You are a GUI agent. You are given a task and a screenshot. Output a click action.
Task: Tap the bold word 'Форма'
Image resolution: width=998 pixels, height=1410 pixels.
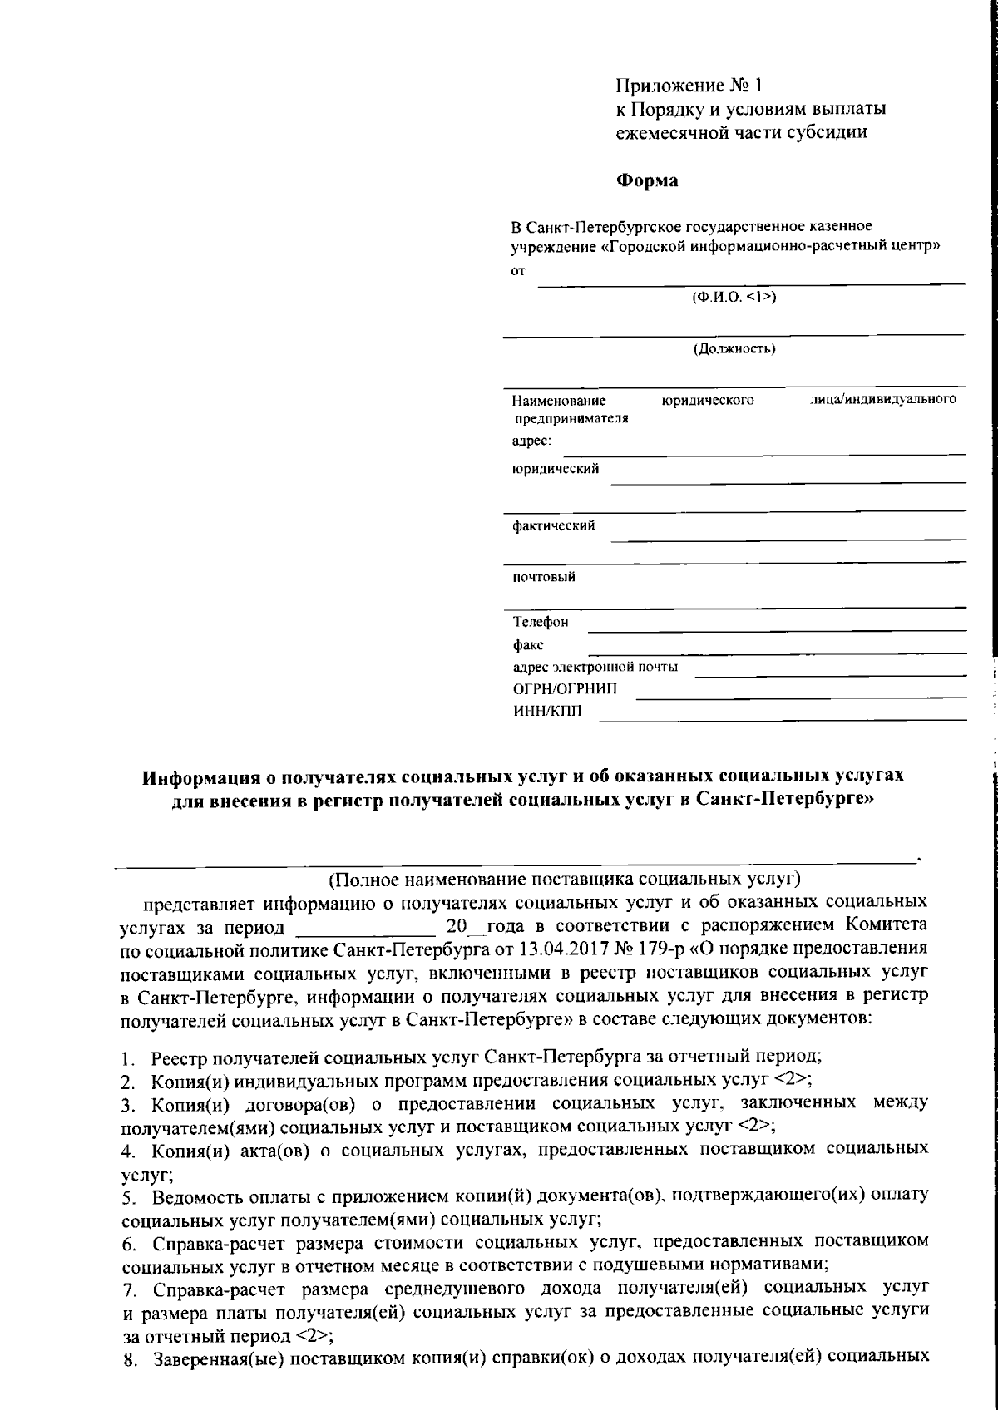coord(647,180)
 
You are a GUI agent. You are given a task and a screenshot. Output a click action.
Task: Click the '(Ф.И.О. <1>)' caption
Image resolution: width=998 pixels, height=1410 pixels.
coord(734,297)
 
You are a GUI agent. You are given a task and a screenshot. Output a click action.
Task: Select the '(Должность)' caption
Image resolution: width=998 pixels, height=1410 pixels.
coord(734,348)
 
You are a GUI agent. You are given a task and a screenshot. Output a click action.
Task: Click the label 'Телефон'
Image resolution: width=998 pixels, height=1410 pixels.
coord(541,622)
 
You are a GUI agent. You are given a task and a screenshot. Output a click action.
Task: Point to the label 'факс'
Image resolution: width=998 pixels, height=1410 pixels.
coord(528,644)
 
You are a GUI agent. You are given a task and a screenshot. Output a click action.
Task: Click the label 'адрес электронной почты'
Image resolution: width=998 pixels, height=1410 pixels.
coord(595,667)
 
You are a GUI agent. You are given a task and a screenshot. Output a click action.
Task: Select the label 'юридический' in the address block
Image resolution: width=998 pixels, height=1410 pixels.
coord(555,469)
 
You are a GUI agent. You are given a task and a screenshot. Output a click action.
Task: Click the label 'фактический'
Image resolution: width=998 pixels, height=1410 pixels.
coord(553,525)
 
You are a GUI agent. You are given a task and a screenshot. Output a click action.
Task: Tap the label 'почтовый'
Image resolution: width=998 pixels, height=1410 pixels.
coord(543,577)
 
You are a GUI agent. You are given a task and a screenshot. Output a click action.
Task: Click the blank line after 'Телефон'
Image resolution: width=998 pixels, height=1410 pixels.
coord(778,629)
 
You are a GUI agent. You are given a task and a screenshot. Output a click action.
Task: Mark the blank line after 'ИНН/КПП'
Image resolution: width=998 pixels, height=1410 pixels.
coord(782,719)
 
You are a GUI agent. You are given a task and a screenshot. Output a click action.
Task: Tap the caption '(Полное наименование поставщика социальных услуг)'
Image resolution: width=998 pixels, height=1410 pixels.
coord(565,879)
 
